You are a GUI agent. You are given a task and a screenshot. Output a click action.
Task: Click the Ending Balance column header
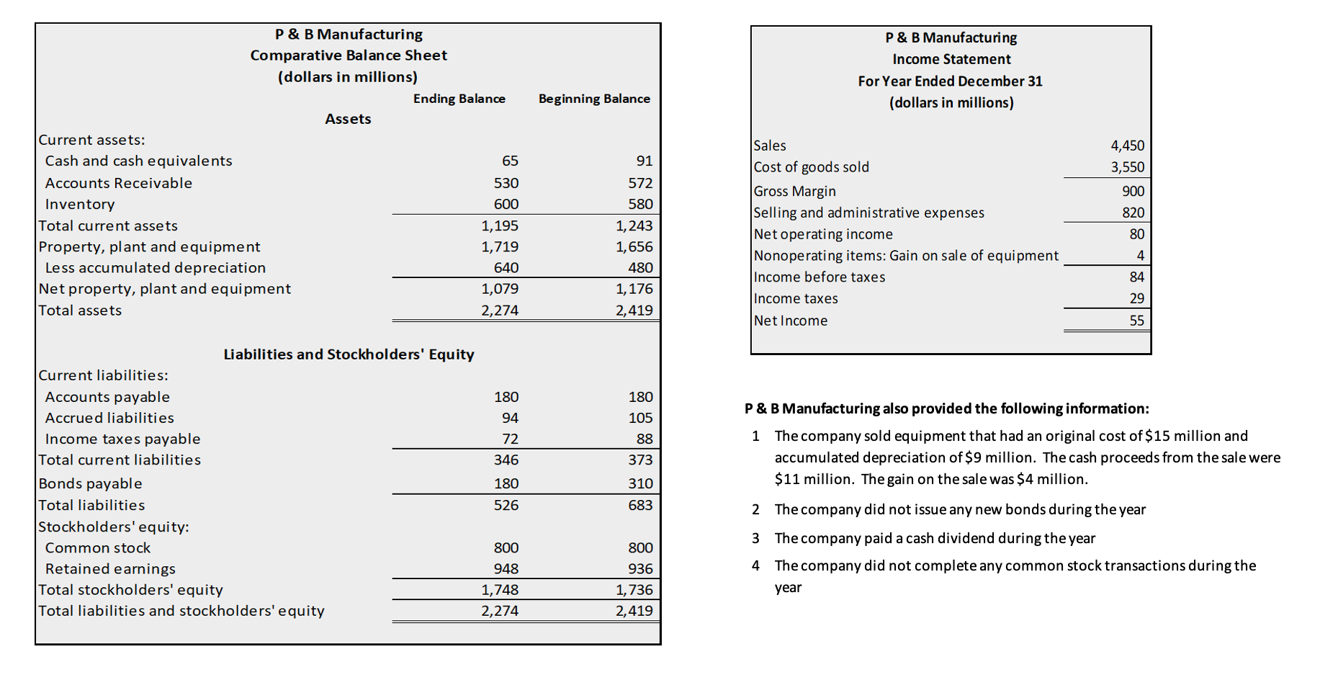pos(459,99)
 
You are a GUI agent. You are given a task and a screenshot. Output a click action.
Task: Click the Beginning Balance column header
pos(593,99)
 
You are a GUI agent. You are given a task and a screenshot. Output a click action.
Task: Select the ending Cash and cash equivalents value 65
pos(510,161)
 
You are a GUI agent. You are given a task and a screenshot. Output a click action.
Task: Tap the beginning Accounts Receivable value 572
pos(639,183)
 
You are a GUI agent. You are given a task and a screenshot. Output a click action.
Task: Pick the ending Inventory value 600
pos(506,205)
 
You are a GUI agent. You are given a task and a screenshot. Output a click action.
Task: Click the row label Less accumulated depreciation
pos(155,268)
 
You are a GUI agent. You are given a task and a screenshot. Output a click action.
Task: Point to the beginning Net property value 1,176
pos(634,289)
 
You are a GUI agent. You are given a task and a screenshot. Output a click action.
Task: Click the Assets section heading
pos(348,119)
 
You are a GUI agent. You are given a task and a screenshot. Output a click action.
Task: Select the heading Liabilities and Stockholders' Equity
pos(349,354)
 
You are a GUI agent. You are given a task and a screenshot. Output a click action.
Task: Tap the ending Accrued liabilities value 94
pos(510,418)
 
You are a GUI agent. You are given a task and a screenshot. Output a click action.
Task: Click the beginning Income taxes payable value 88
pos(644,439)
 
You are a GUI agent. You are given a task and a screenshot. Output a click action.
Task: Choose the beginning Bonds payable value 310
pos(639,483)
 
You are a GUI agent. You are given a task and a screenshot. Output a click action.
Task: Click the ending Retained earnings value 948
pos(506,569)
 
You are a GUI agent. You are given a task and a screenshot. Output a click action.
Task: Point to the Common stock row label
pos(97,548)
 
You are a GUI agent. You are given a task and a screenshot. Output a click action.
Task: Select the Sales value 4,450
pos(1127,146)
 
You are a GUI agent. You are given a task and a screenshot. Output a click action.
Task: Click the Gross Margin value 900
pos(1132,192)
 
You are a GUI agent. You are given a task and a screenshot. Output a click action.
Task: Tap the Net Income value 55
pos(1136,321)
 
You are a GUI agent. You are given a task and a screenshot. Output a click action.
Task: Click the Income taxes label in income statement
pos(795,299)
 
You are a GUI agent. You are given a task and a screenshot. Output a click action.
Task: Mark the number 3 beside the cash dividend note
pos(755,538)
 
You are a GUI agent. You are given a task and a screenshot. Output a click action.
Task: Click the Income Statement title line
pos(951,59)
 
